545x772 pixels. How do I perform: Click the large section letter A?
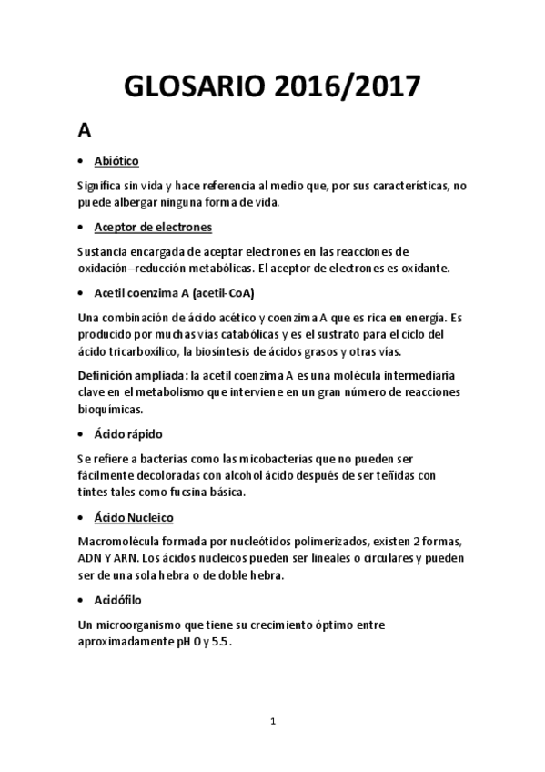coord(84,130)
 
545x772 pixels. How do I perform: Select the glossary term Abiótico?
coord(116,161)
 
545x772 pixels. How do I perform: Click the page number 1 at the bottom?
coord(272,721)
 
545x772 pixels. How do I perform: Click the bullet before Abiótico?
coord(82,162)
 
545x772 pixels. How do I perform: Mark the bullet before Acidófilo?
coord(82,601)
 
